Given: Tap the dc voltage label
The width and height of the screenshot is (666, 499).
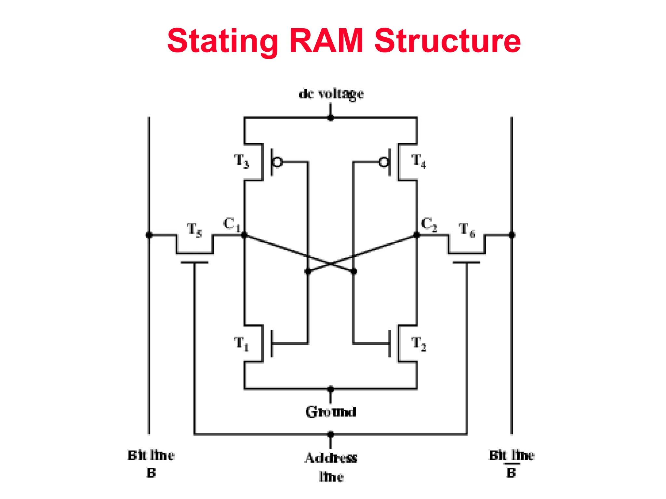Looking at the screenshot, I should pos(331,94).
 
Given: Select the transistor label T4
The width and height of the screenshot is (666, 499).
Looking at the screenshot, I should pos(419,161).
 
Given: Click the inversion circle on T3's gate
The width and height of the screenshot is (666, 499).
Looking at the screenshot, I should pos(277,162).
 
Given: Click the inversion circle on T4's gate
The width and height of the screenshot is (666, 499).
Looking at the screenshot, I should pos(384,162).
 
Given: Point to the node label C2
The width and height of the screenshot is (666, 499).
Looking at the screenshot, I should pos(429,224).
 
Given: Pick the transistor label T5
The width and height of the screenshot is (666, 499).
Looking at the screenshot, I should pos(194,230).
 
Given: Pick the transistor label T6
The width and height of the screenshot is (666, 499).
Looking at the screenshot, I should pos(467,230).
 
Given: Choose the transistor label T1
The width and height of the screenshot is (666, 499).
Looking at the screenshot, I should pos(241,344).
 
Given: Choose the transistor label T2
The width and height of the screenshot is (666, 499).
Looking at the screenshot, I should pos(419,344).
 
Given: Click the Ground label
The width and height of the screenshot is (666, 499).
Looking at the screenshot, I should pos(331,412).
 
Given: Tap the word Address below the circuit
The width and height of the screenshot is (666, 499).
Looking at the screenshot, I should pos(331,458).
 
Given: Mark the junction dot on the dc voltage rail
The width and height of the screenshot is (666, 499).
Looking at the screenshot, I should pos(331,118).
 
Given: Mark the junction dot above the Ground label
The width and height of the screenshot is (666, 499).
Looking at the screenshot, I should pos(331,389).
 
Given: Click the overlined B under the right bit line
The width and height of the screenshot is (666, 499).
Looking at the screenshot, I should pos(511,473).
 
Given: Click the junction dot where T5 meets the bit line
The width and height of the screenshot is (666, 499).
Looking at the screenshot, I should pos(149,235).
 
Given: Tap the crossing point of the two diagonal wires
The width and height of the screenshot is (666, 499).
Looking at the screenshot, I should pos(331,263).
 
